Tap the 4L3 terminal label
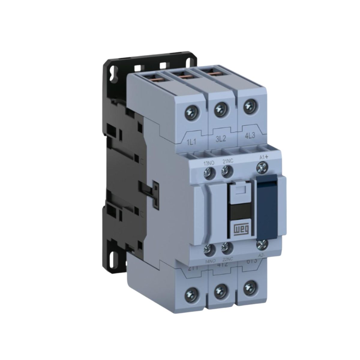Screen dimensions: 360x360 tap(250, 138)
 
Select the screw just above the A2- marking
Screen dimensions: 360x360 tap(261, 244)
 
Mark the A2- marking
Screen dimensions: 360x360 tap(262, 254)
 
